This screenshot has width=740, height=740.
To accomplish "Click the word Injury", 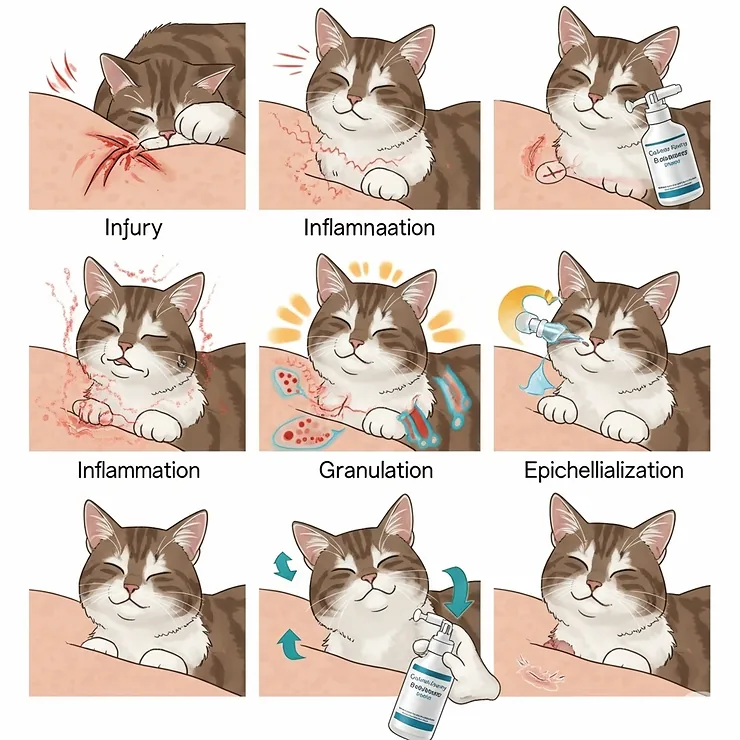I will pos(133,228).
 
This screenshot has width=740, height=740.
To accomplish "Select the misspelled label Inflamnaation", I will pos(369,228).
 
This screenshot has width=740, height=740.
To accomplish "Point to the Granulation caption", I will pos(376,470).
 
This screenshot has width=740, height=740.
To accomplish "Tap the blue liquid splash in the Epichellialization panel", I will pos(545,384).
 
